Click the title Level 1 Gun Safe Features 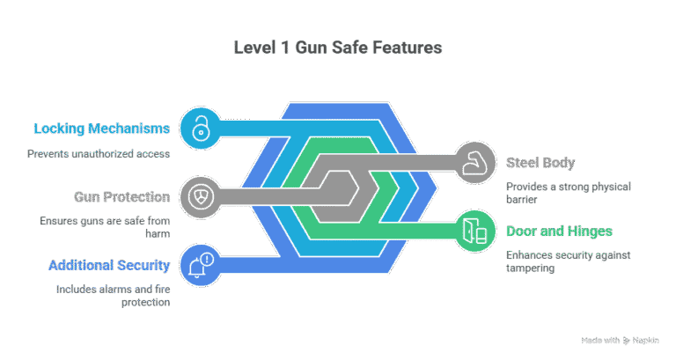tap(338, 48)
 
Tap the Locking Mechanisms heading tap(102, 129)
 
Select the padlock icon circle tap(201, 128)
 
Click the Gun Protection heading tap(122, 196)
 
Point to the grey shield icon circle tap(201, 197)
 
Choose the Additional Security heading tap(109, 265)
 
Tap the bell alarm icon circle tap(201, 266)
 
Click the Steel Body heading tap(540, 163)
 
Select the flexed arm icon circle tap(474, 163)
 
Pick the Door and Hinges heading tap(559, 231)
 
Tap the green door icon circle tap(474, 231)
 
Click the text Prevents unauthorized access tap(99, 154)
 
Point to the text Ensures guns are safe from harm tap(105, 227)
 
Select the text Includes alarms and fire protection tap(113, 296)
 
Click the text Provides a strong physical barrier tap(569, 193)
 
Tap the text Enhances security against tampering tap(569, 261)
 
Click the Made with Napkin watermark tap(620, 341)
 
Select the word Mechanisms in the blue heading tap(129, 129)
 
